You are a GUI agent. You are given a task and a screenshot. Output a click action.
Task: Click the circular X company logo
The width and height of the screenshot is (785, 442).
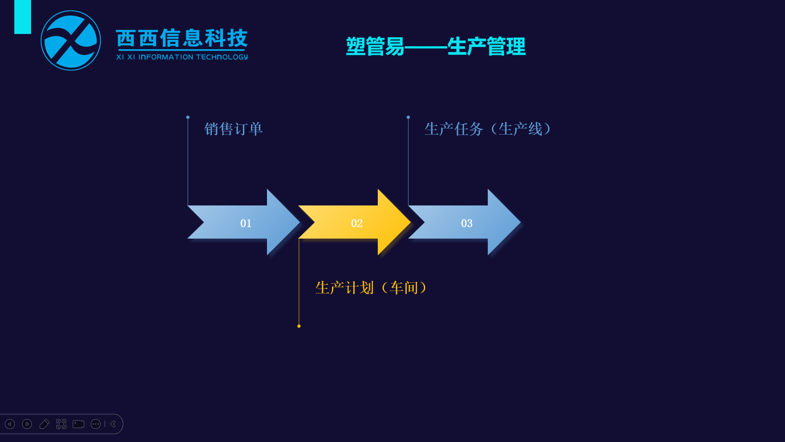pos(71,41)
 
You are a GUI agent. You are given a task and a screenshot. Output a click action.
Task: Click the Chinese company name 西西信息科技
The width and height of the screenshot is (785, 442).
pos(182,38)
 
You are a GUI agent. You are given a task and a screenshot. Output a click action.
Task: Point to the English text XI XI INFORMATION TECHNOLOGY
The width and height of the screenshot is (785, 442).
pos(182,57)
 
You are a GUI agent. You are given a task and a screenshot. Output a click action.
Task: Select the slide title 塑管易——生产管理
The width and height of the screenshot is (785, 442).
pos(436,46)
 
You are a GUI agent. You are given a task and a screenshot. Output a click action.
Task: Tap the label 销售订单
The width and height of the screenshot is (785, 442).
pos(233,129)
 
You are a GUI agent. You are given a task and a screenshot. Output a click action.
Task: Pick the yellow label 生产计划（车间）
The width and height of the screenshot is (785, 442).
pos(372,288)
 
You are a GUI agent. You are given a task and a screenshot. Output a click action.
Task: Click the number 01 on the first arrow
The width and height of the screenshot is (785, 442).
pos(246,223)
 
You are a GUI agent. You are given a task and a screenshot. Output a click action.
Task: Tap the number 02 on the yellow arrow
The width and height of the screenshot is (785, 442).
pos(357,223)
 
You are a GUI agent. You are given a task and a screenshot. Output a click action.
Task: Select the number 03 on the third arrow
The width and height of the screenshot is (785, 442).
pos(467,223)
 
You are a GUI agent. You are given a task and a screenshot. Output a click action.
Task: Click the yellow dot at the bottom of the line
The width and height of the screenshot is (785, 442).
pos(299,326)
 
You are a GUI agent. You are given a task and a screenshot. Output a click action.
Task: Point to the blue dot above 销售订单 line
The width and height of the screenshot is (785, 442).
pos(188,117)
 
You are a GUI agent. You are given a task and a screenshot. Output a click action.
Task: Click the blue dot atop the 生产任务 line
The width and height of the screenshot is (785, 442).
pos(408,117)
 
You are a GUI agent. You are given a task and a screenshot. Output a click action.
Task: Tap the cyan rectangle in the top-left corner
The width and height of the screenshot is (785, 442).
pos(22,17)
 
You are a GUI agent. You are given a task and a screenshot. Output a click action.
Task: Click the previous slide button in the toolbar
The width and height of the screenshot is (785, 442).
pos(10,424)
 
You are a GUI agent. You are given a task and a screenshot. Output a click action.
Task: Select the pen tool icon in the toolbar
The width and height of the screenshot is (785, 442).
pos(44,424)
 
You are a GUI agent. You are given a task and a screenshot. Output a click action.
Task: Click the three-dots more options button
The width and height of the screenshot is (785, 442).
pos(96,424)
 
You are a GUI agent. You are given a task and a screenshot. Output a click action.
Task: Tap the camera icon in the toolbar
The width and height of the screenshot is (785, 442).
pos(78,424)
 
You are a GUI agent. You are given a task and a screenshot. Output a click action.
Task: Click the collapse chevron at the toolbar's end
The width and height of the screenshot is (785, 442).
pos(113,424)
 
